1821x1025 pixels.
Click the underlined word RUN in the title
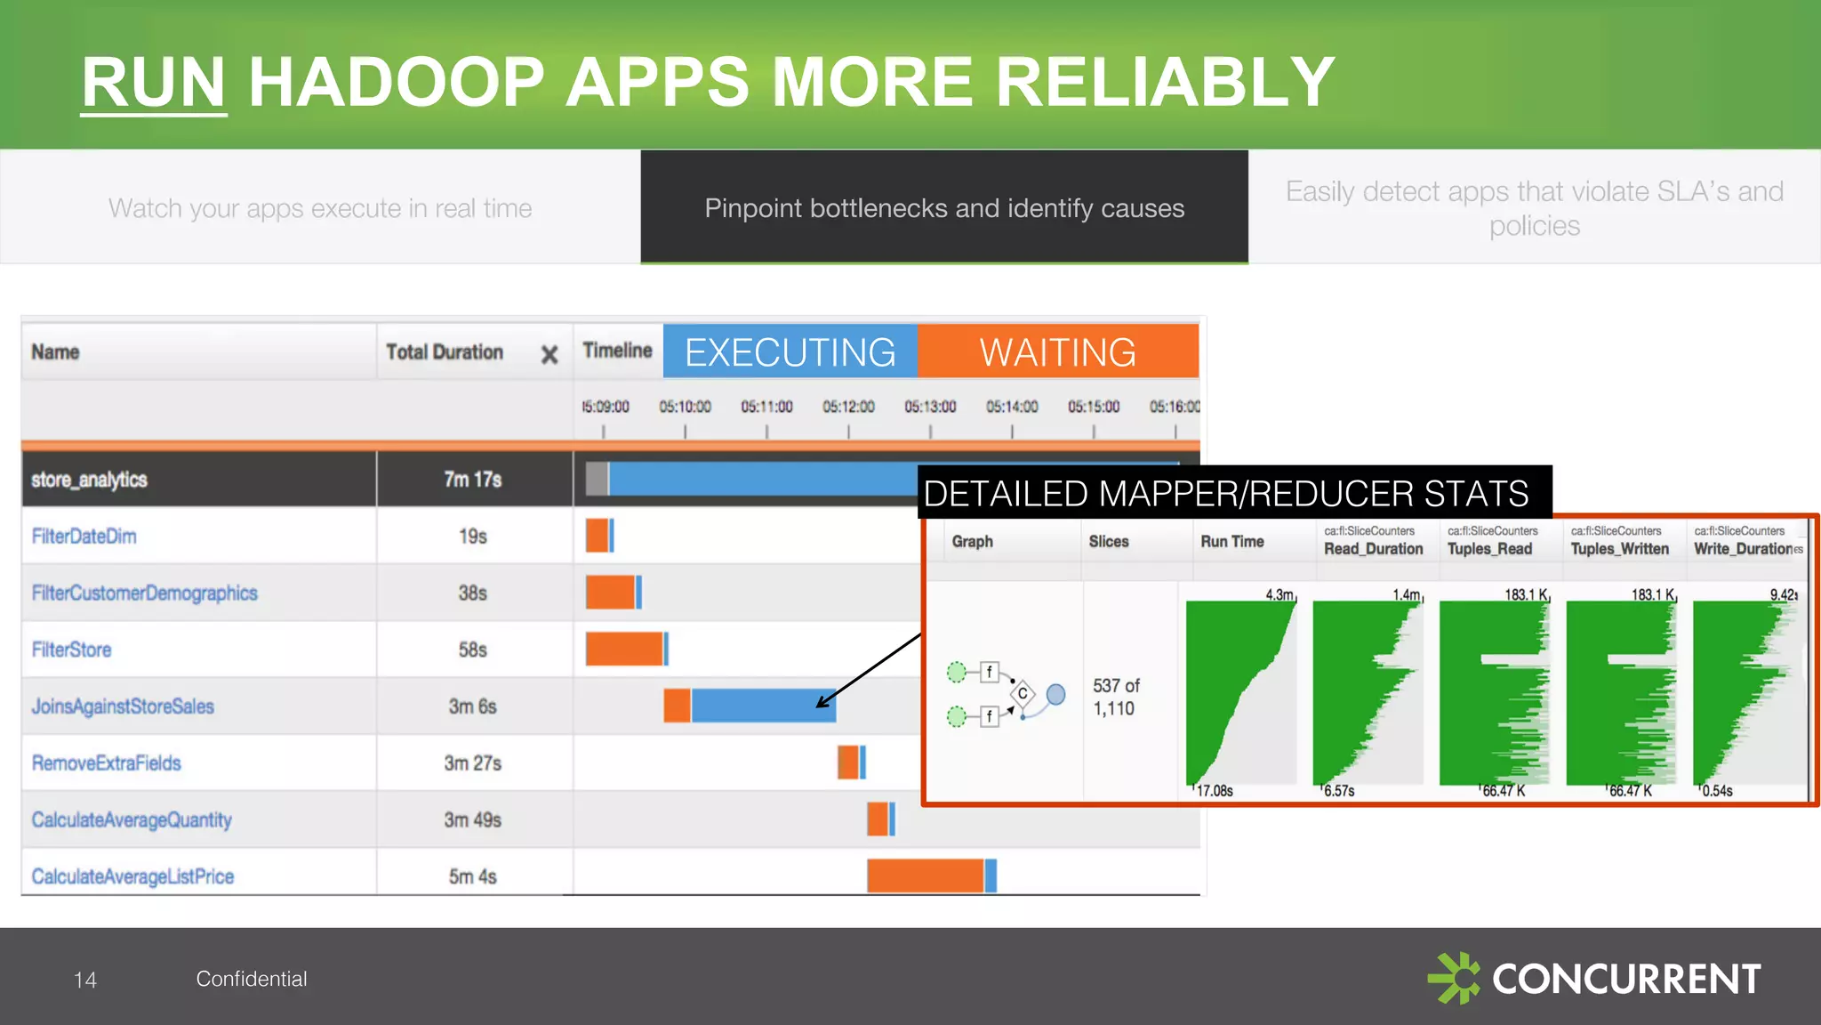click(x=153, y=82)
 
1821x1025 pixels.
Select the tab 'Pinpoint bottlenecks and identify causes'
click(x=944, y=207)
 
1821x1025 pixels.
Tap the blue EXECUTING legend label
click(x=790, y=352)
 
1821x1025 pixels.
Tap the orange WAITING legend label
click(x=1057, y=352)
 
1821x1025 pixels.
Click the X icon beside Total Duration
click(x=550, y=355)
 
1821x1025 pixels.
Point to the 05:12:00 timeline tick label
click(x=848, y=407)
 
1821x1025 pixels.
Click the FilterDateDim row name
click(x=84, y=537)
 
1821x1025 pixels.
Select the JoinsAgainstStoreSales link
click(x=123, y=706)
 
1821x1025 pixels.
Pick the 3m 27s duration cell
click(x=472, y=763)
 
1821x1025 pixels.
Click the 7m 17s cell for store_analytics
click(x=472, y=480)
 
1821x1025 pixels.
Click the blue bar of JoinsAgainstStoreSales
click(x=763, y=706)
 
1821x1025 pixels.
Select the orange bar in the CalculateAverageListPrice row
click(x=925, y=876)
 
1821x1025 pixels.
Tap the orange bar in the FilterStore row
click(x=623, y=649)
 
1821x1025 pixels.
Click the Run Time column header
click(x=1231, y=541)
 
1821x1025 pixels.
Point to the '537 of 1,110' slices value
click(x=1115, y=698)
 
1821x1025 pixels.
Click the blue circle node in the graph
click(x=1055, y=694)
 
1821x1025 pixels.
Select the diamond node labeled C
click(x=1023, y=693)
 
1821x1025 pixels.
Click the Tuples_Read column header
click(x=1490, y=549)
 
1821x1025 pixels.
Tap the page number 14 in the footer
click(x=85, y=980)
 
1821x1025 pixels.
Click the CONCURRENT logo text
click(x=1625, y=980)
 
